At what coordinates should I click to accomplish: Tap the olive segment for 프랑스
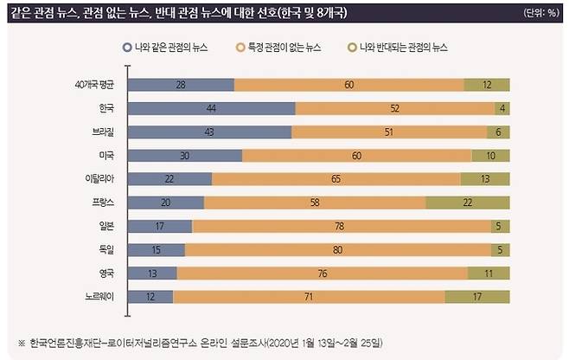[x=468, y=202]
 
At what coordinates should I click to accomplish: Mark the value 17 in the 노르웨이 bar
[x=476, y=296]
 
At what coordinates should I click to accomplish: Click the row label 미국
[x=107, y=156]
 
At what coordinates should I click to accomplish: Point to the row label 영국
[x=107, y=273]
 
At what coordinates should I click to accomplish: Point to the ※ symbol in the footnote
[x=22, y=341]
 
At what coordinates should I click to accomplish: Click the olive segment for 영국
[x=488, y=273]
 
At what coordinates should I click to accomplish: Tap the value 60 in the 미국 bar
[x=356, y=156]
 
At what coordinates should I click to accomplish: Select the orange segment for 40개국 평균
[x=348, y=85]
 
